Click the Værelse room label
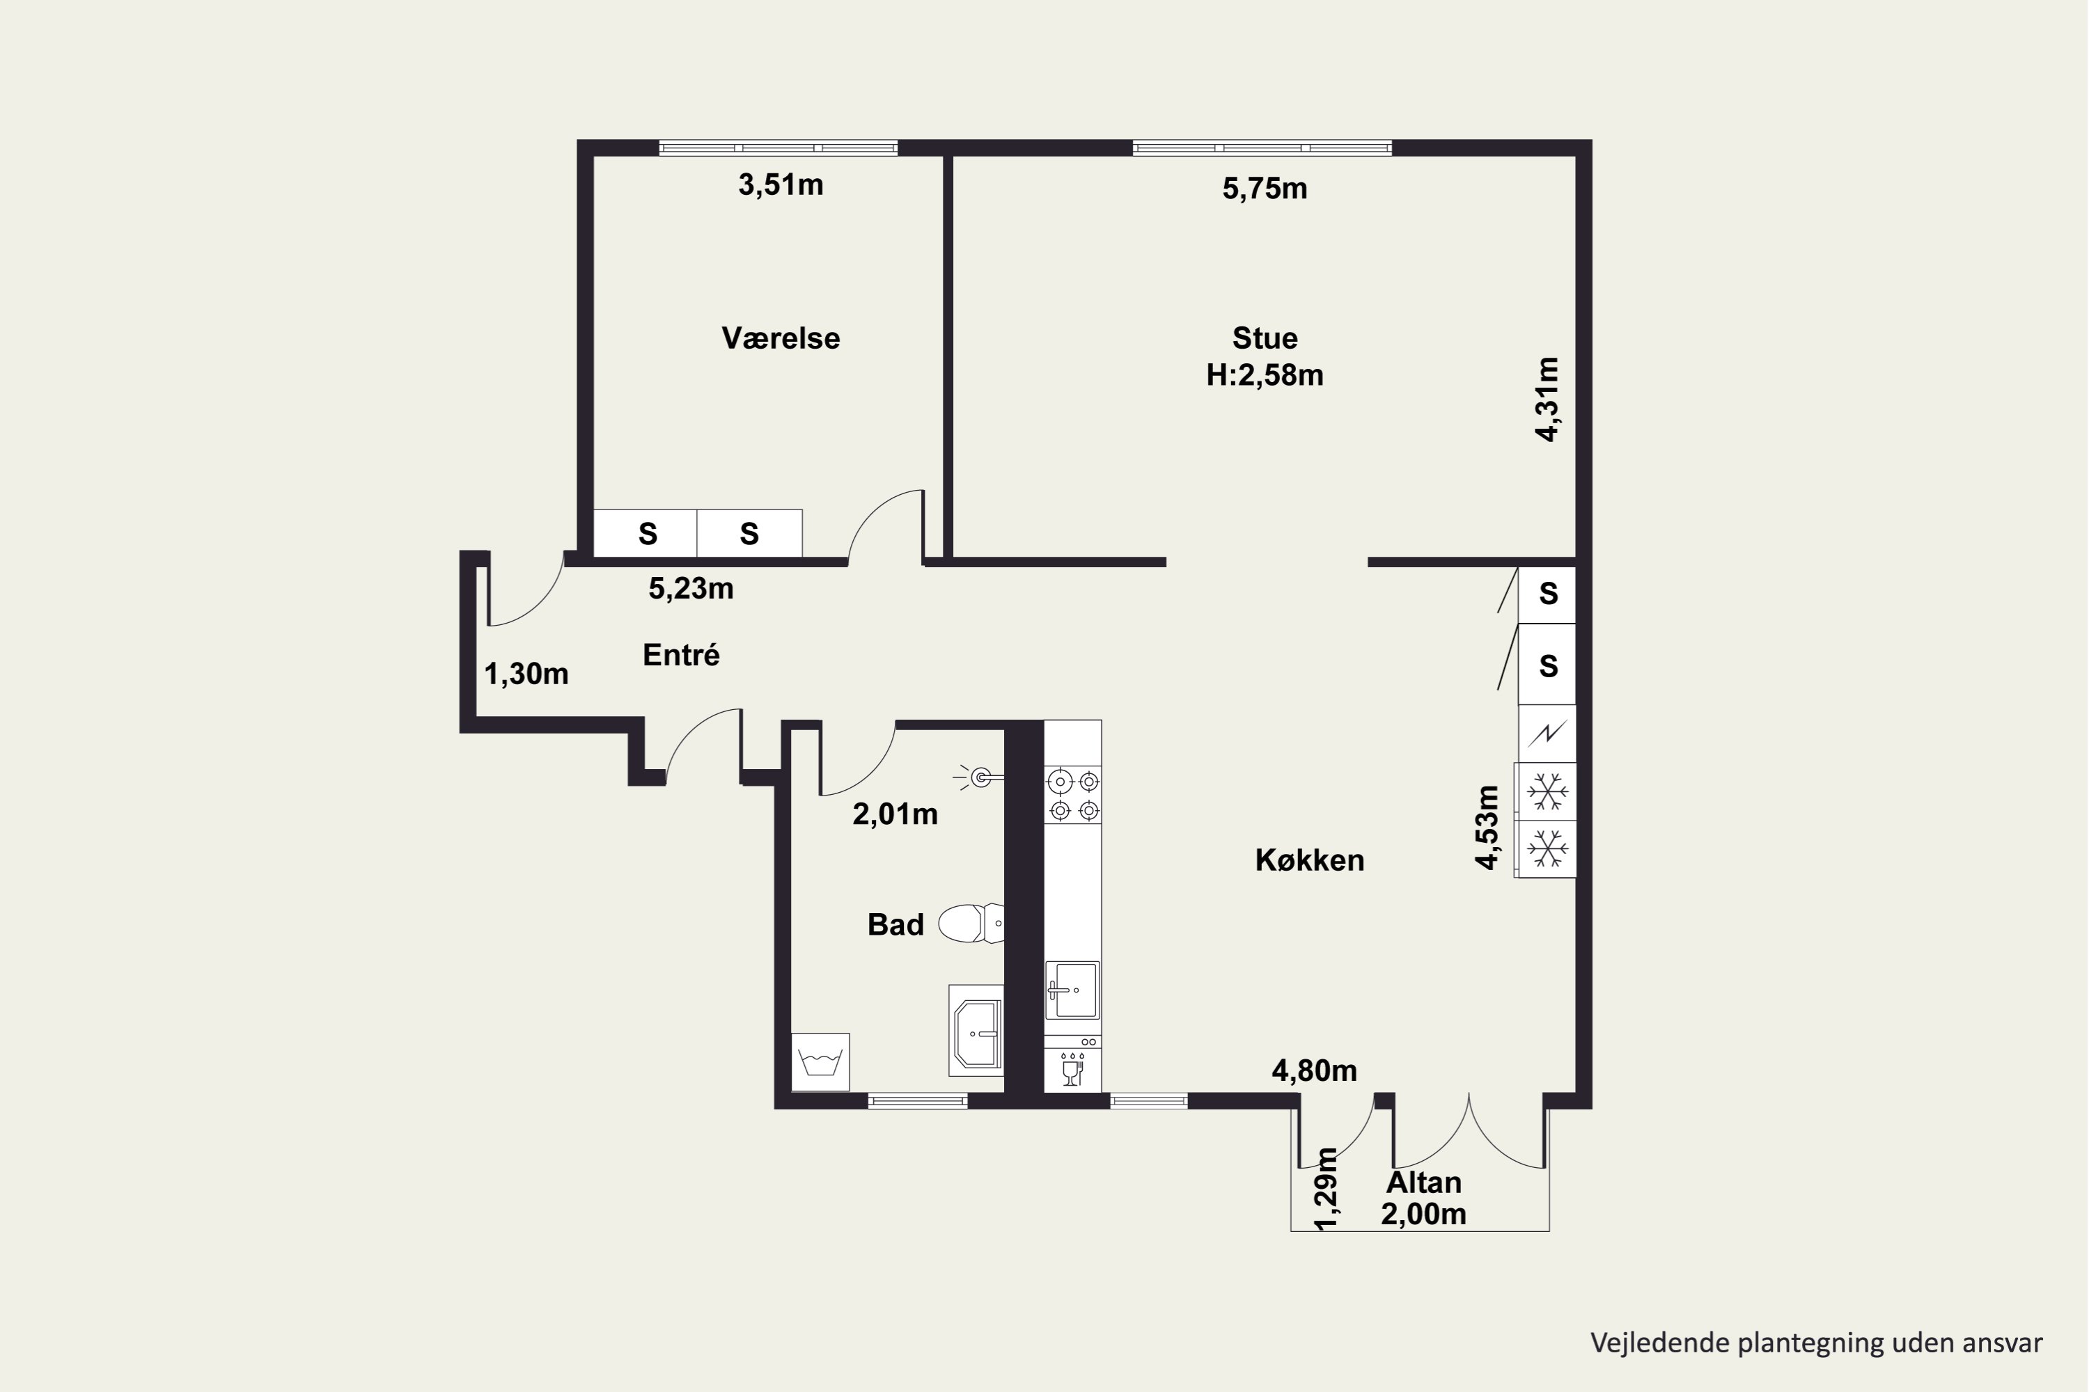[x=781, y=338]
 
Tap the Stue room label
[x=1265, y=338]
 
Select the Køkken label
[x=1309, y=860]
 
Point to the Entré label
[x=681, y=655]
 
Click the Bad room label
[x=895, y=925]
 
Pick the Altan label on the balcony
[x=1424, y=1183]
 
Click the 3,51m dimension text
[x=781, y=184]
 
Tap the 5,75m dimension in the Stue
[x=1265, y=188]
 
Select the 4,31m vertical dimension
[x=1547, y=399]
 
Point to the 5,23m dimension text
[x=691, y=589]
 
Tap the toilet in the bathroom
[x=971, y=924]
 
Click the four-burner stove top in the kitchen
[x=1073, y=796]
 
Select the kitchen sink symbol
[x=1072, y=990]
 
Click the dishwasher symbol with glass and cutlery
[x=1073, y=1070]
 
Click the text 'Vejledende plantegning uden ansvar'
[x=1816, y=1343]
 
